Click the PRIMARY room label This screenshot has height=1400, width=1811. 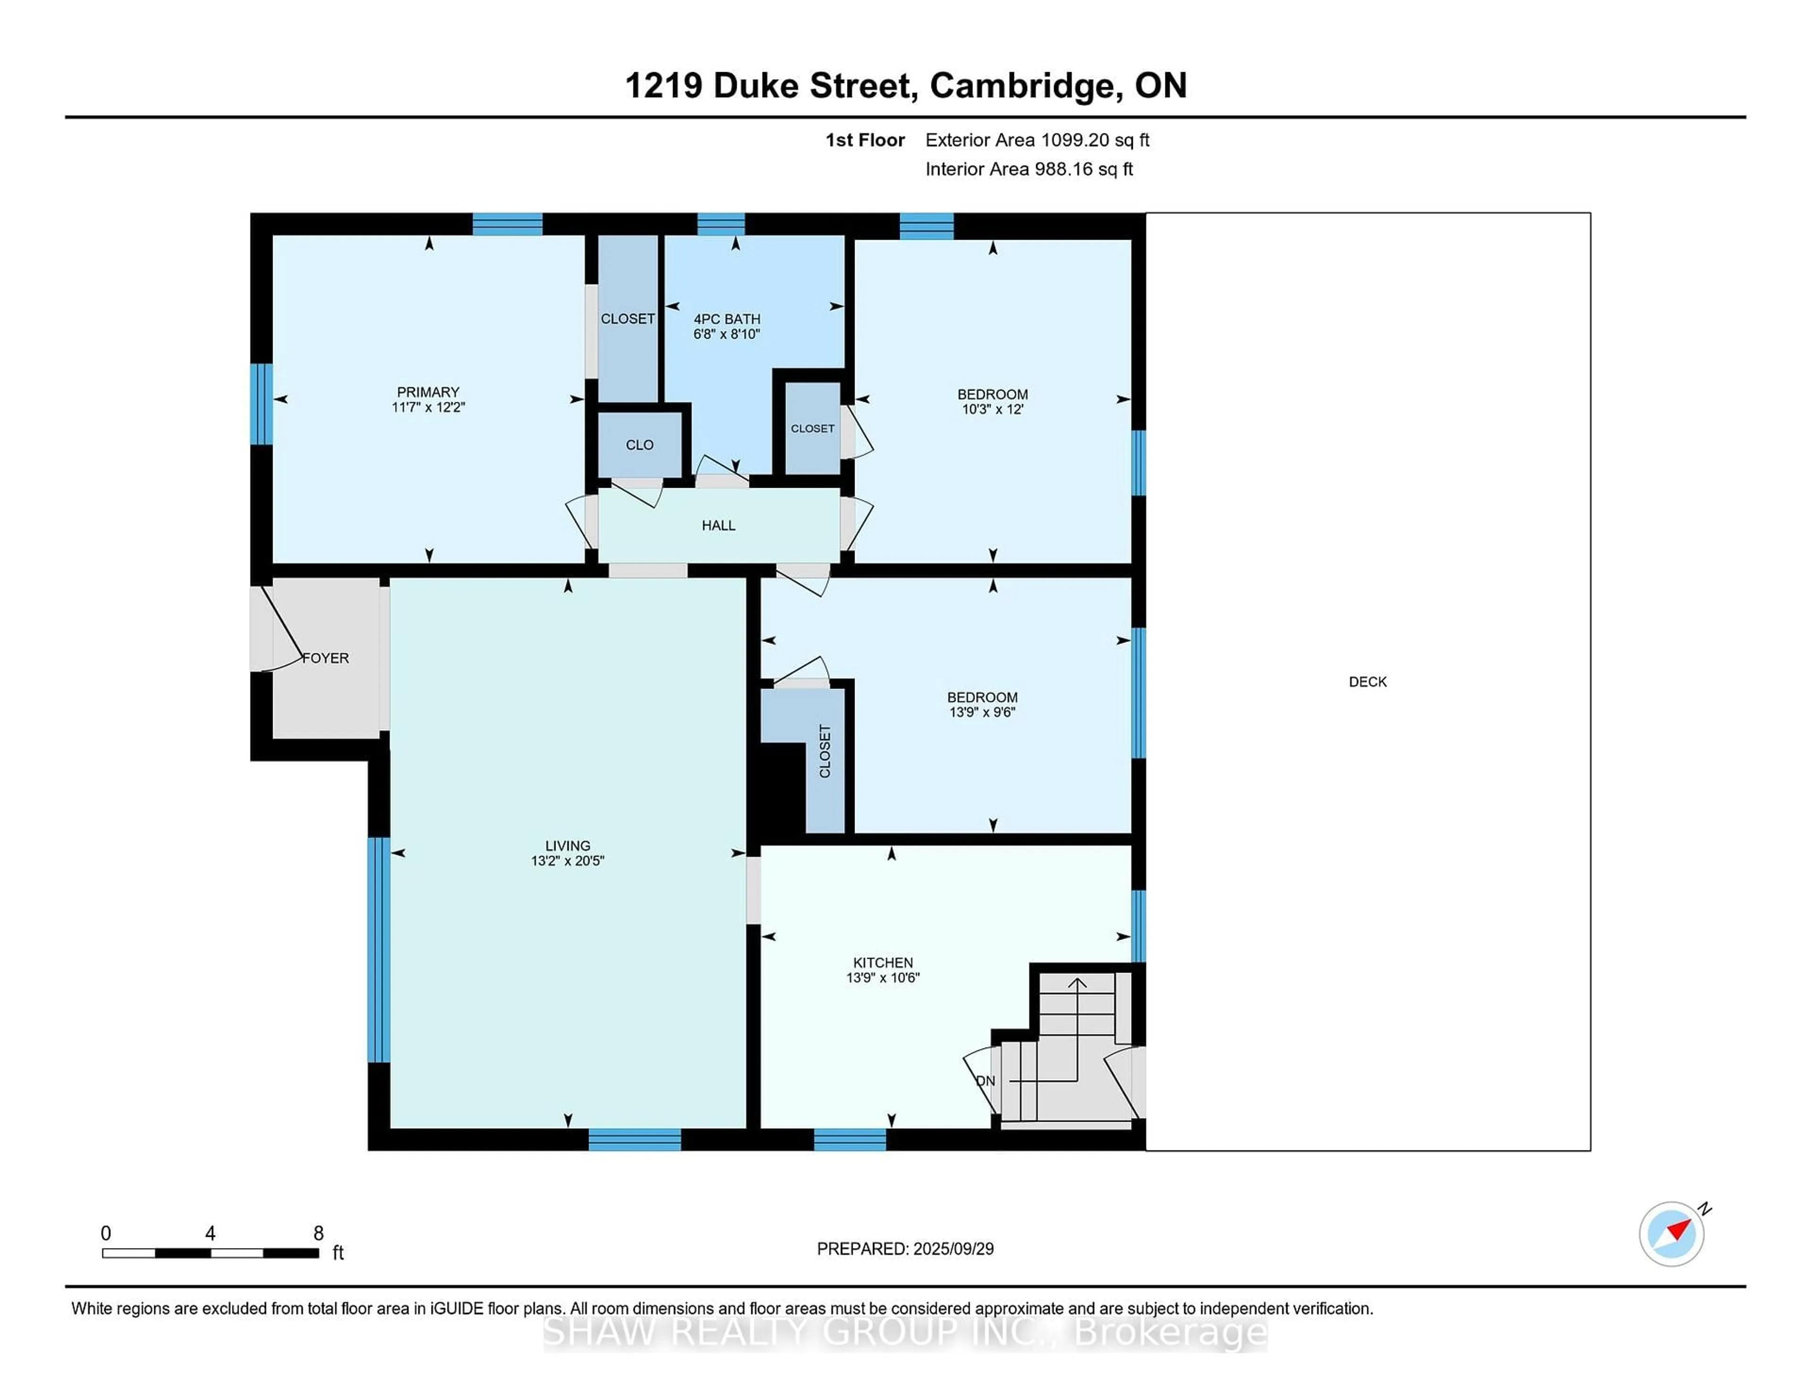pyautogui.click(x=428, y=392)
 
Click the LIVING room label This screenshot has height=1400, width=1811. pyautogui.click(x=568, y=846)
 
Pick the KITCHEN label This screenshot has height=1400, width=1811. pyautogui.click(x=883, y=963)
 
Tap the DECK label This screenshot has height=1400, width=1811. pyautogui.click(x=1367, y=682)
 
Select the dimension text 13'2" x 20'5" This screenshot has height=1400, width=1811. pyautogui.click(x=568, y=861)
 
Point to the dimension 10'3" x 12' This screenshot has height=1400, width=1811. pyautogui.click(x=993, y=409)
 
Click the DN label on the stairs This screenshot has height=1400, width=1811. pyautogui.click(x=985, y=1081)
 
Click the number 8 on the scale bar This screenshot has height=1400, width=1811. pyautogui.click(x=318, y=1233)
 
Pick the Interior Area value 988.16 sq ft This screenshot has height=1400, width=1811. pyautogui.click(x=1084, y=169)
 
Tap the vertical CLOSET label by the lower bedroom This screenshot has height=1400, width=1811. pyautogui.click(x=825, y=751)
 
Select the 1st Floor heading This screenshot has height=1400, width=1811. pyautogui.click(x=865, y=140)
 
